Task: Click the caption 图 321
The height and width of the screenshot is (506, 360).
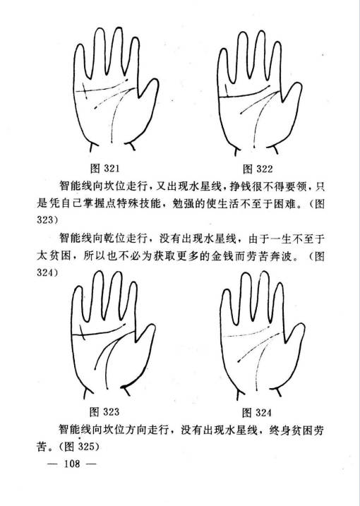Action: point(105,168)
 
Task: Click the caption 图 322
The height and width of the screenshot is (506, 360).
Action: point(258,169)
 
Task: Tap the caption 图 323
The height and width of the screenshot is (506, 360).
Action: point(104,411)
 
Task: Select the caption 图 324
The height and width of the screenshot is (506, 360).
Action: point(257,412)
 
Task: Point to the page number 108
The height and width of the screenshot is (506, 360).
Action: point(72,464)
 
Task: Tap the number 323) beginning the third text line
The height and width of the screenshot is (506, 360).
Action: point(47,219)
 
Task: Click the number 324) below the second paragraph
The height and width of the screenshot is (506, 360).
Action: point(47,272)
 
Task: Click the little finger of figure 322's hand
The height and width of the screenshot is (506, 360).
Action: point(223,68)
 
